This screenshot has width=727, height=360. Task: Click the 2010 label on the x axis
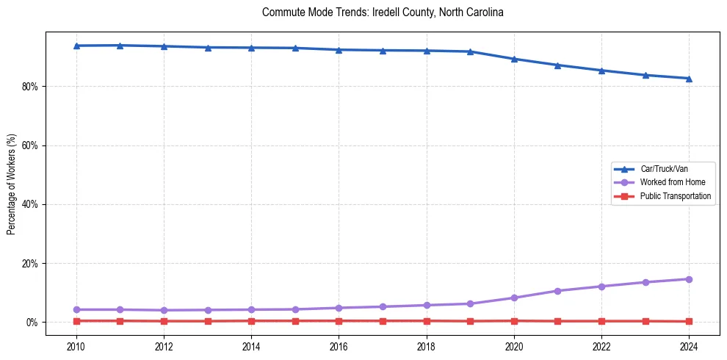point(76,345)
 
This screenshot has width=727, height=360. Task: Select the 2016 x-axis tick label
point(339,345)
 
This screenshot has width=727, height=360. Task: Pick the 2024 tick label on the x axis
point(689,345)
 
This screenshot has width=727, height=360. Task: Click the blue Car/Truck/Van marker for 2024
point(689,79)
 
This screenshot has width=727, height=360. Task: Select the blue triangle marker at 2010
point(76,46)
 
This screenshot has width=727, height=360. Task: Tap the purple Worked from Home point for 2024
point(689,279)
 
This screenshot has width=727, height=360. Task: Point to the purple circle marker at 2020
point(514,298)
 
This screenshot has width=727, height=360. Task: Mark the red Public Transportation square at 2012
point(164,321)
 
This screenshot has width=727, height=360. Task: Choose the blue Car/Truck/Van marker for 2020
point(514,59)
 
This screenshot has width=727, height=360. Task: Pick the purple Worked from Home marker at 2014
point(251,309)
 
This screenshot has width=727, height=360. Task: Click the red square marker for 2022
point(601,321)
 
